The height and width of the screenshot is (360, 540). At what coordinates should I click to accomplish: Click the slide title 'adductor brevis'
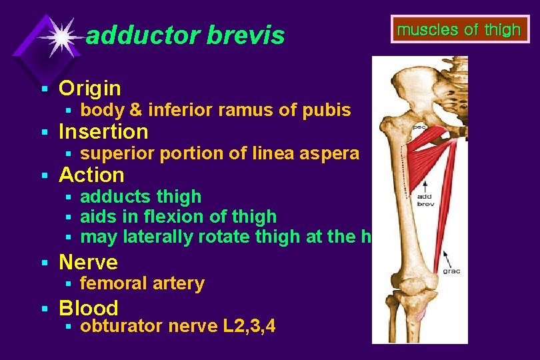point(185,35)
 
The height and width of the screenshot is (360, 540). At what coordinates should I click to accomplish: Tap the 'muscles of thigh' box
point(458,30)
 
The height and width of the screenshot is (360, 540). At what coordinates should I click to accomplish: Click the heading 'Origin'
point(90,88)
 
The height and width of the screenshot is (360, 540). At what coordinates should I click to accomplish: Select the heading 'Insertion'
point(103,131)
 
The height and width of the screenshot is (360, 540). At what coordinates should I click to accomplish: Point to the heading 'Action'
point(91,175)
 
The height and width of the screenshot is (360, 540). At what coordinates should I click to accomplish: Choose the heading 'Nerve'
point(88,262)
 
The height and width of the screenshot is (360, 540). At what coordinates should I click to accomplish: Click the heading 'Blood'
point(89,307)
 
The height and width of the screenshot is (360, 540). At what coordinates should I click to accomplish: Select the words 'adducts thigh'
point(141,197)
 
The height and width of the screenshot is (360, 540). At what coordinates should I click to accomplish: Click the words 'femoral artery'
point(142,283)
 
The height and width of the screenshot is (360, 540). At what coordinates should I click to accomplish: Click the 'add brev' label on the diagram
point(425,200)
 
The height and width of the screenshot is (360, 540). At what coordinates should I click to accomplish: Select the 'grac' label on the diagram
point(451,271)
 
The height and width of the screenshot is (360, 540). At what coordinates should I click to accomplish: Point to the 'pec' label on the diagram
point(419,126)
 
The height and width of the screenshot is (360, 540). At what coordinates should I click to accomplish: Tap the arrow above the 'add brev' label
point(424,183)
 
